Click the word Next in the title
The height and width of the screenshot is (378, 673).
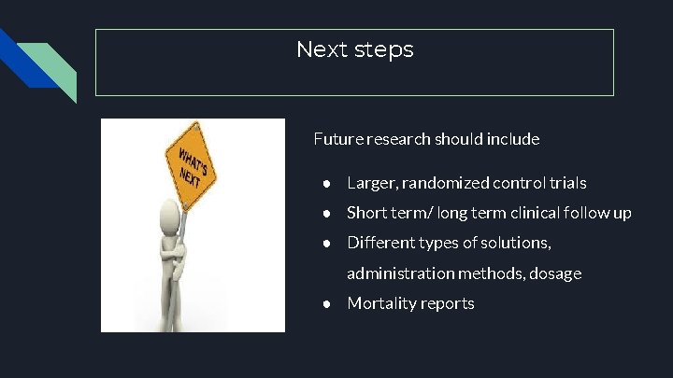tap(322, 49)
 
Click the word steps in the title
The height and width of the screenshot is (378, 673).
tap(383, 50)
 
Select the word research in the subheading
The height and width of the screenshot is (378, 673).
tap(402, 139)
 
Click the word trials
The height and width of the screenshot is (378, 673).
tap(564, 183)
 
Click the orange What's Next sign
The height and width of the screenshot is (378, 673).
tap(193, 162)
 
